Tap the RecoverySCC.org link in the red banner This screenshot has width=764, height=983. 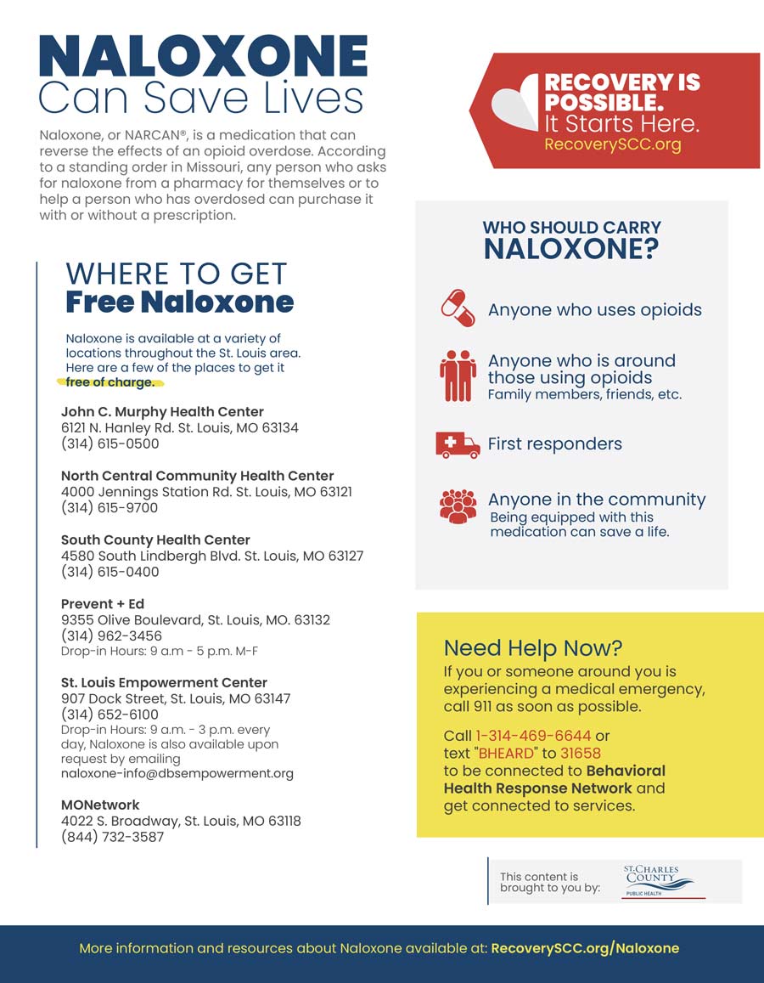click(x=612, y=144)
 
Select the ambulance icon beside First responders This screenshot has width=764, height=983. click(x=458, y=444)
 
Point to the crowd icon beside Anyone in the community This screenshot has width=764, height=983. click(x=458, y=506)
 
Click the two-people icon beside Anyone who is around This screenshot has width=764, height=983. click(x=458, y=376)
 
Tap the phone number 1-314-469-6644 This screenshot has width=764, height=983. click(x=533, y=736)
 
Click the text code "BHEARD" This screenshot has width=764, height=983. click(x=502, y=753)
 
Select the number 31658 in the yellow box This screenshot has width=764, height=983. click(x=579, y=753)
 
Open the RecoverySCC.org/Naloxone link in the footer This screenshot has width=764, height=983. click(x=585, y=948)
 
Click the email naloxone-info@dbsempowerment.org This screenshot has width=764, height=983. click(x=177, y=774)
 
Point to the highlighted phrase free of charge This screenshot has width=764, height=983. click(x=110, y=382)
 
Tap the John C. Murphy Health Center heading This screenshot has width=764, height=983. click(x=162, y=412)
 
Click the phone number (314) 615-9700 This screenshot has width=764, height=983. click(x=110, y=508)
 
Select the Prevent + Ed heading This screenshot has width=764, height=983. click(x=103, y=604)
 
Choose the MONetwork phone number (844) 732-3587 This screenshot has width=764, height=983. click(x=112, y=837)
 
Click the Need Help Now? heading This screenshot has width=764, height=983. click(x=532, y=648)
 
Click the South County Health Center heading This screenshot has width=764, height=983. click(x=155, y=540)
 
